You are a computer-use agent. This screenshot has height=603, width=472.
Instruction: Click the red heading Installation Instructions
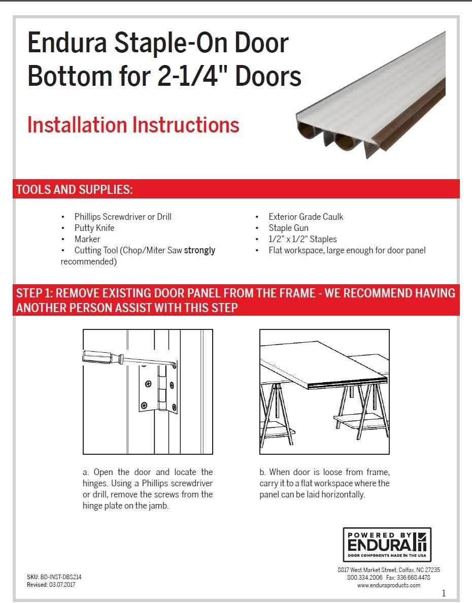133,125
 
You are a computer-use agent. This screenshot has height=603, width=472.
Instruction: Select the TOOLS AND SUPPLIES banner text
75,189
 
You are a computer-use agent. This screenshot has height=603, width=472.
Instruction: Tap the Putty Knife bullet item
94,228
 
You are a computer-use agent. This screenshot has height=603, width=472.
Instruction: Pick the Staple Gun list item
288,228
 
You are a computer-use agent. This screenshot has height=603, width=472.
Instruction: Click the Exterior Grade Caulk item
306,217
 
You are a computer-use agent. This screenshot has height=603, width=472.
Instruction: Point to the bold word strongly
199,250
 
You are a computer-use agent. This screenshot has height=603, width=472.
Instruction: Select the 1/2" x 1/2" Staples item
302,239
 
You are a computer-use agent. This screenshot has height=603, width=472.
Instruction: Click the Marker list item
87,239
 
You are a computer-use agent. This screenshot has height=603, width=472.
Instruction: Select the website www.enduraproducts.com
388,585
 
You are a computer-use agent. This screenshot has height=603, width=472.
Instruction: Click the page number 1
444,593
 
